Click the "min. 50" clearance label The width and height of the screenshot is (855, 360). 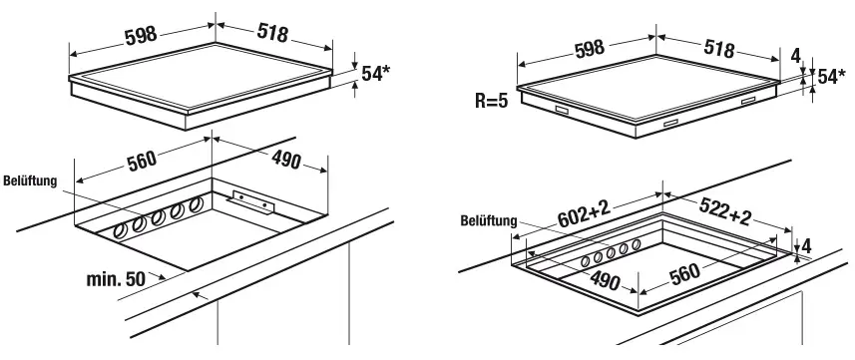[116, 279]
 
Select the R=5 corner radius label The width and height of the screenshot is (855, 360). [491, 102]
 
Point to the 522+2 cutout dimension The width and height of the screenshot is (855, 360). [725, 211]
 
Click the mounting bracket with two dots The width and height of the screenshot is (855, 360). [252, 202]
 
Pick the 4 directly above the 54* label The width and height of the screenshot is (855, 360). [795, 56]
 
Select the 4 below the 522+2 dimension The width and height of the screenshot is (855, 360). [806, 245]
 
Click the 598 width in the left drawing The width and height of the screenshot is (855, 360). [141, 36]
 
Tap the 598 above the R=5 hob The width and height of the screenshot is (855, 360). [590, 48]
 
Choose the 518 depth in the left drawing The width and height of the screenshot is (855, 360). [272, 33]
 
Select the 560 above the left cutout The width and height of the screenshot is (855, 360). [142, 162]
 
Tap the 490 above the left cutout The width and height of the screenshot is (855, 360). [284, 160]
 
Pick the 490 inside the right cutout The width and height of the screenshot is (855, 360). [605, 280]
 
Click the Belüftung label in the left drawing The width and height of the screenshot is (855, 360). [30, 181]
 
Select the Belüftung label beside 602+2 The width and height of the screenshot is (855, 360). [489, 221]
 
